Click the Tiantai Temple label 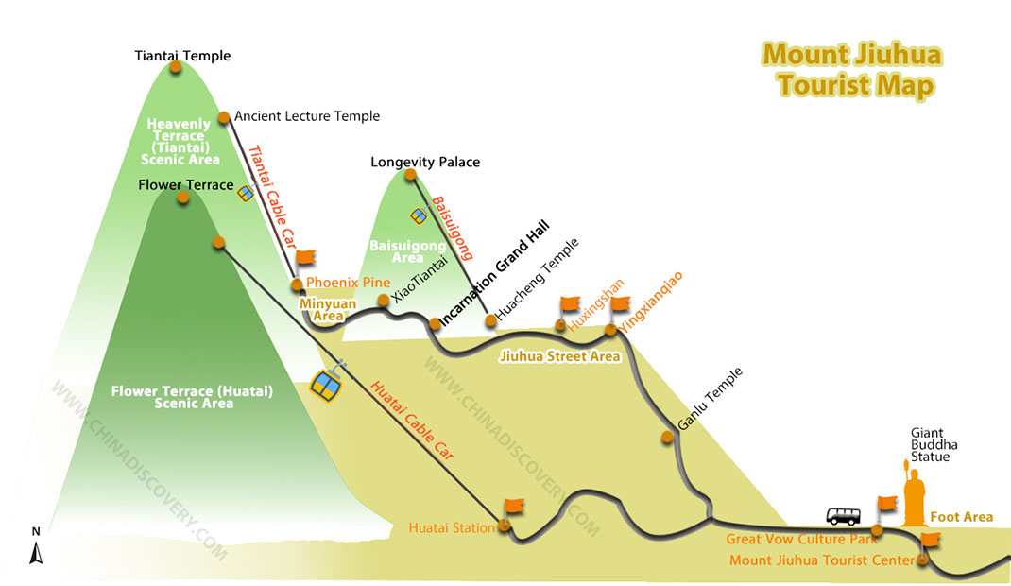point(182,56)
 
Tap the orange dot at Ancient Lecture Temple point(224,117)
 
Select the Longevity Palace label point(425,162)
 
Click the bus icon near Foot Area point(844,516)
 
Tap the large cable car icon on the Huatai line point(326,386)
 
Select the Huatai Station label point(452,528)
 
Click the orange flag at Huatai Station point(514,507)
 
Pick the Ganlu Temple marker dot point(667,437)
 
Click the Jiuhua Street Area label point(559,356)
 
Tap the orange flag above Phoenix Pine point(305,258)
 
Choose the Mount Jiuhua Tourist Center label point(821,560)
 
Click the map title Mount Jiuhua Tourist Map point(852,70)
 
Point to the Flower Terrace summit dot point(183,198)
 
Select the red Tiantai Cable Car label point(272,198)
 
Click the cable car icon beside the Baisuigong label point(419,215)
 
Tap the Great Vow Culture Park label point(801,539)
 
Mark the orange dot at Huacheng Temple point(491,319)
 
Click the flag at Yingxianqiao point(620,303)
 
